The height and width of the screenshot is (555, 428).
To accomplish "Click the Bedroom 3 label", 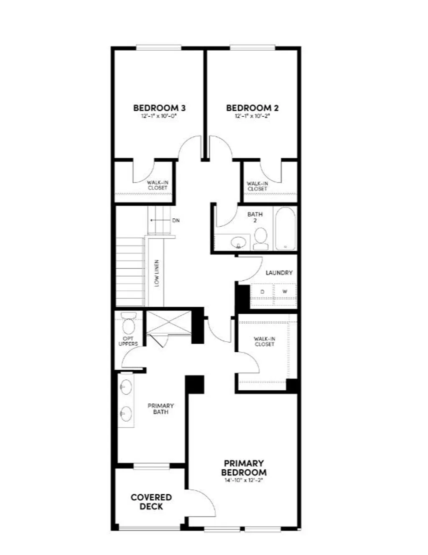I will [159, 108].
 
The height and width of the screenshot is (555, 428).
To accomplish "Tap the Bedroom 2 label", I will [252, 108].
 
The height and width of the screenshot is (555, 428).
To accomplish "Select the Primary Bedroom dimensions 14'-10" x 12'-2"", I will [244, 481].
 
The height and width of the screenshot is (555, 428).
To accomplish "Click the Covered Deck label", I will [151, 502].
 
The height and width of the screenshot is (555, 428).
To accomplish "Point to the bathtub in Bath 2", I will [285, 229].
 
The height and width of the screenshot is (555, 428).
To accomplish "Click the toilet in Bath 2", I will [261, 236].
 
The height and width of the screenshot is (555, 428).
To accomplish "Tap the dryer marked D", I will [262, 292].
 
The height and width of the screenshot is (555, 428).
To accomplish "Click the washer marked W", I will [285, 292].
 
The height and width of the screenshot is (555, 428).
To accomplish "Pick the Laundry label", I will [279, 273].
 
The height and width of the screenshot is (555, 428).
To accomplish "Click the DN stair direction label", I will [176, 220].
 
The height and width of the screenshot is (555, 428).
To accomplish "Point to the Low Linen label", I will [157, 273].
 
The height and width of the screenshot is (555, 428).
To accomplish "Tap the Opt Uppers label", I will [128, 341].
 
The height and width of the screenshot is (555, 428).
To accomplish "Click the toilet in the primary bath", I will [128, 322].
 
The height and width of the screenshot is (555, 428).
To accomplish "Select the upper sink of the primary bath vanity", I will [125, 387].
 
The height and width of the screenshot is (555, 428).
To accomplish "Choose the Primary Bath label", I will [160, 409].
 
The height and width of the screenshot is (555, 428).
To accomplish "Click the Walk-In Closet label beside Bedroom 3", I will [158, 185].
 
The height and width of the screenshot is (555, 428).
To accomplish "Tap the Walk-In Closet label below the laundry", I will [264, 341].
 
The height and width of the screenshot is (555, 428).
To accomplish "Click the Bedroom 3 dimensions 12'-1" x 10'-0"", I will [159, 116].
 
